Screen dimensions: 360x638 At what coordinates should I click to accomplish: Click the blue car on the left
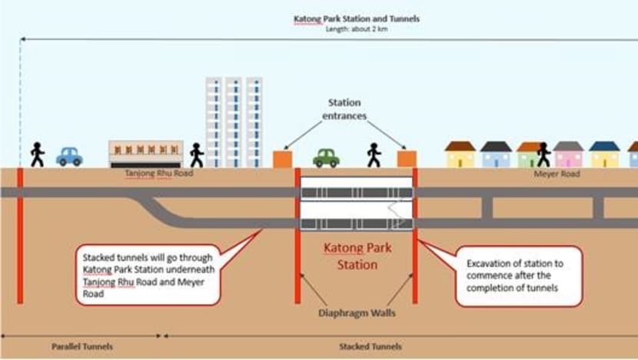(x=69, y=157)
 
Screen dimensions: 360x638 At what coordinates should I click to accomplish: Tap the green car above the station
(x=326, y=158)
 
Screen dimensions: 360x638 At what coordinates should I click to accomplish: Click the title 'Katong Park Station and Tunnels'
(x=357, y=18)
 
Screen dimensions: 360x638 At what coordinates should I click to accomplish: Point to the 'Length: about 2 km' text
(x=357, y=29)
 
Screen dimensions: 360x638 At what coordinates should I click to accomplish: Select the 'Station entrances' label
(x=344, y=108)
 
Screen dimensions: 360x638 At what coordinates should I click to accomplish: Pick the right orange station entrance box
(x=407, y=158)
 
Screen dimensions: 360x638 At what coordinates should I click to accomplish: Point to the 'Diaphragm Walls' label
(x=355, y=313)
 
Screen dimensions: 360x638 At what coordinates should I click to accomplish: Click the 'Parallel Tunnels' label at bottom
(x=81, y=347)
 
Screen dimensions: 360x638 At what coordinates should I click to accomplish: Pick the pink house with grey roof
(x=569, y=155)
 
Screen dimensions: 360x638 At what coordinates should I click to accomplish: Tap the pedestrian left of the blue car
(x=37, y=155)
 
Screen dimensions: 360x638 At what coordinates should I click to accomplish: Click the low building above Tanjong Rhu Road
(x=146, y=153)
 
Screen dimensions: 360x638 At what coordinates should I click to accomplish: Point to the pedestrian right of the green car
(x=374, y=155)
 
